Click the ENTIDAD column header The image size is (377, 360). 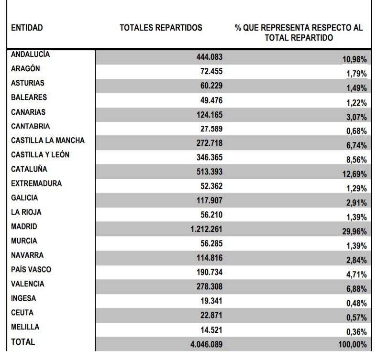point(27,28)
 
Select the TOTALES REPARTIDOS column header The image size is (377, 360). point(161,28)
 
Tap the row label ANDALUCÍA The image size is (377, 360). point(30,54)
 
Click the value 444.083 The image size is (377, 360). point(210,57)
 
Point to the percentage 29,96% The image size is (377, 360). point(354,231)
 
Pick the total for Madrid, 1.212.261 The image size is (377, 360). point(206,229)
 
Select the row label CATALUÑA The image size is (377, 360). point(29,169)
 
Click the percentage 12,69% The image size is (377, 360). point(354,174)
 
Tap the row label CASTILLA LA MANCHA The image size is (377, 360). point(48,141)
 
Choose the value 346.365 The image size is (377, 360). point(210,158)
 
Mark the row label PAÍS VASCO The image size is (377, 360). point(31,270)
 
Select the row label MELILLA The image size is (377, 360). point(25,327)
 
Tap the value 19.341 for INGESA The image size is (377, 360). point(211,301)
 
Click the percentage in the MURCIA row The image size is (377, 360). point(356,246)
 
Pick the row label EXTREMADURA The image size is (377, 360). point(36,183)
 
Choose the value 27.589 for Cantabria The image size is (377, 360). point(211,129)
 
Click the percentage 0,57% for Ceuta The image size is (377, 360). point(356,317)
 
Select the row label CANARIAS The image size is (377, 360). point(28,112)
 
